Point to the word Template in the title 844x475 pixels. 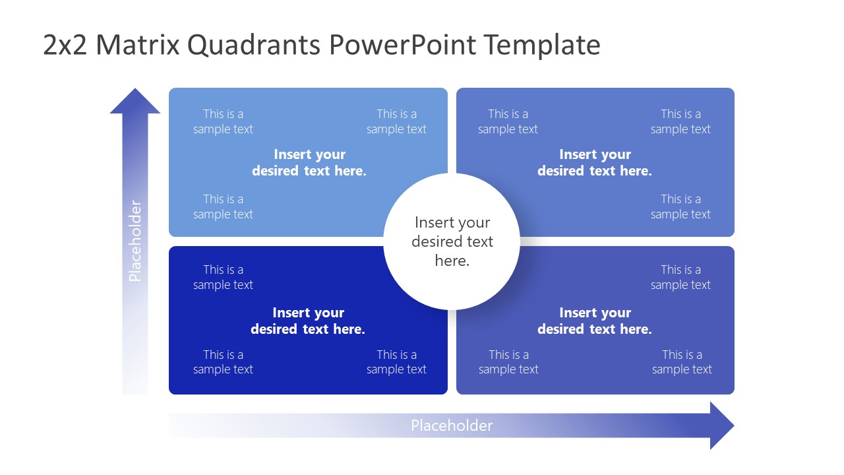click(541, 45)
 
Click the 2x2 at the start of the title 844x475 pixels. click(65, 45)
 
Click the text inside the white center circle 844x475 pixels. click(452, 241)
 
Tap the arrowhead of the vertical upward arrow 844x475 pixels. click(135, 102)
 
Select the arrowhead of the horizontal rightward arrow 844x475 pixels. click(721, 426)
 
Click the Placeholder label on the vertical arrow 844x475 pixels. click(135, 241)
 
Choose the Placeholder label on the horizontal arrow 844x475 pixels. click(452, 426)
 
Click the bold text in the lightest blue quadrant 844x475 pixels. click(309, 162)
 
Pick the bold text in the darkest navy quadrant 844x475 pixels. click(308, 321)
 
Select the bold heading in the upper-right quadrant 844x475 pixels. click(594, 162)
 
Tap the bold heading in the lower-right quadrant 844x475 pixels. click(594, 321)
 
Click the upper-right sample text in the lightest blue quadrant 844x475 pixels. click(396, 121)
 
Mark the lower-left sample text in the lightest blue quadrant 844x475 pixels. click(223, 206)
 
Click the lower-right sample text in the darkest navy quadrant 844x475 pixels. click(396, 362)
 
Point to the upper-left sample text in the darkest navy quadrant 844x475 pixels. click(223, 277)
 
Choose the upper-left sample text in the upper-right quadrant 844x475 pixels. click(508, 121)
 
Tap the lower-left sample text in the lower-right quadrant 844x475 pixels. click(508, 362)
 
